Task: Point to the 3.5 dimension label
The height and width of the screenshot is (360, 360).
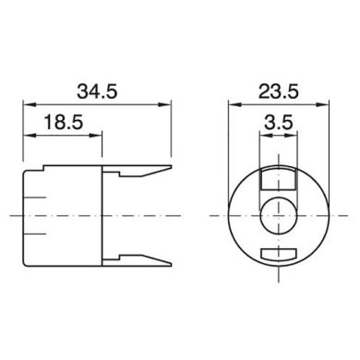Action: (276, 121)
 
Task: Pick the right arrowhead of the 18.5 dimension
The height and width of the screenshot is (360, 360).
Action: (98, 135)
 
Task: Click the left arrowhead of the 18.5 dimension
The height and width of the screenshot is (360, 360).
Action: (25, 135)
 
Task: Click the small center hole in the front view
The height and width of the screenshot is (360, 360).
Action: (276, 214)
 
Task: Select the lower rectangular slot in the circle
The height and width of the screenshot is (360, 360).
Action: (277, 253)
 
